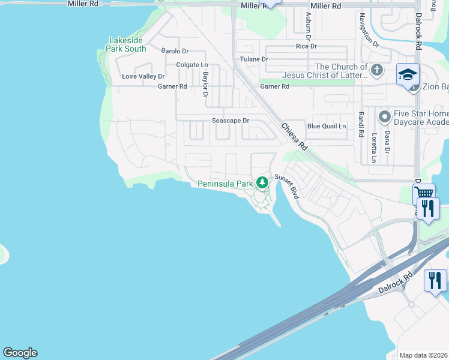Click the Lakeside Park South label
(127, 44)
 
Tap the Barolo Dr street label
(175, 51)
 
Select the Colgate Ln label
(191, 65)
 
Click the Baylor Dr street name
(205, 85)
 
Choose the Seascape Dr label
(230, 121)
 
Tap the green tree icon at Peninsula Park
(262, 182)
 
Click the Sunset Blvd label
(287, 187)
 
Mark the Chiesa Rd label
(295, 136)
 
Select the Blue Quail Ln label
(327, 126)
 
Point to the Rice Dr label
(306, 46)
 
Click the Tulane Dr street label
(254, 59)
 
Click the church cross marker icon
(376, 70)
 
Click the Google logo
(20, 353)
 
